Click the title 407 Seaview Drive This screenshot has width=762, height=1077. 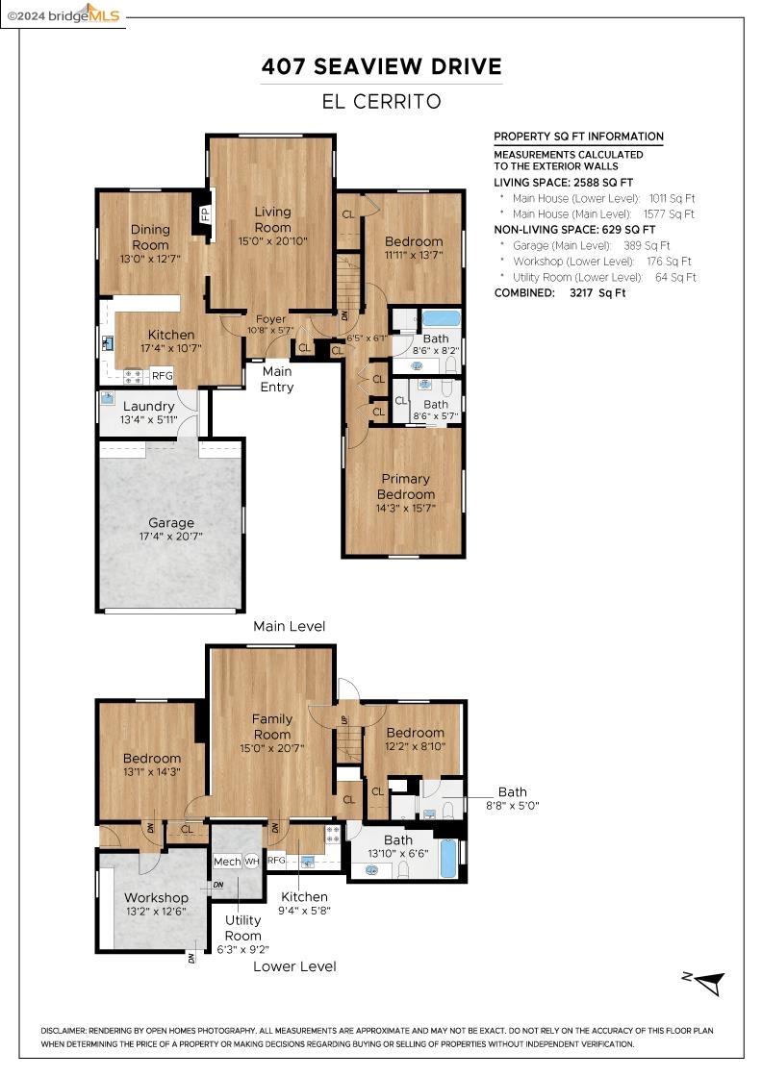tap(382, 66)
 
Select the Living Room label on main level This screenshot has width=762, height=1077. tap(272, 219)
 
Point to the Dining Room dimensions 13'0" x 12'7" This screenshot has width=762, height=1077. tap(150, 260)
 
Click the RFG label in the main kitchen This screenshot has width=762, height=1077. tap(163, 375)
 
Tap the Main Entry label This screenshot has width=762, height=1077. tap(277, 379)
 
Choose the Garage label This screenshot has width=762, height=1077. tap(170, 523)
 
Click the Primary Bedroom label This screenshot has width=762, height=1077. tap(405, 486)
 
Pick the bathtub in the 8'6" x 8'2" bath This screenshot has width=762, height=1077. tap(442, 318)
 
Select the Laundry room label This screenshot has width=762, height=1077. tap(148, 406)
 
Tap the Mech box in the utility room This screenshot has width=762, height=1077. tap(227, 862)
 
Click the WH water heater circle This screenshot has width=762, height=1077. tap(252, 862)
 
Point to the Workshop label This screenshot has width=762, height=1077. tap(156, 898)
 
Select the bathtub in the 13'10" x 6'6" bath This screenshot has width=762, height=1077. tap(448, 858)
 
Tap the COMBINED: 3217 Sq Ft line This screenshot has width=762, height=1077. tap(559, 292)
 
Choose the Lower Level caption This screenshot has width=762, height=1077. tap(294, 966)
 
